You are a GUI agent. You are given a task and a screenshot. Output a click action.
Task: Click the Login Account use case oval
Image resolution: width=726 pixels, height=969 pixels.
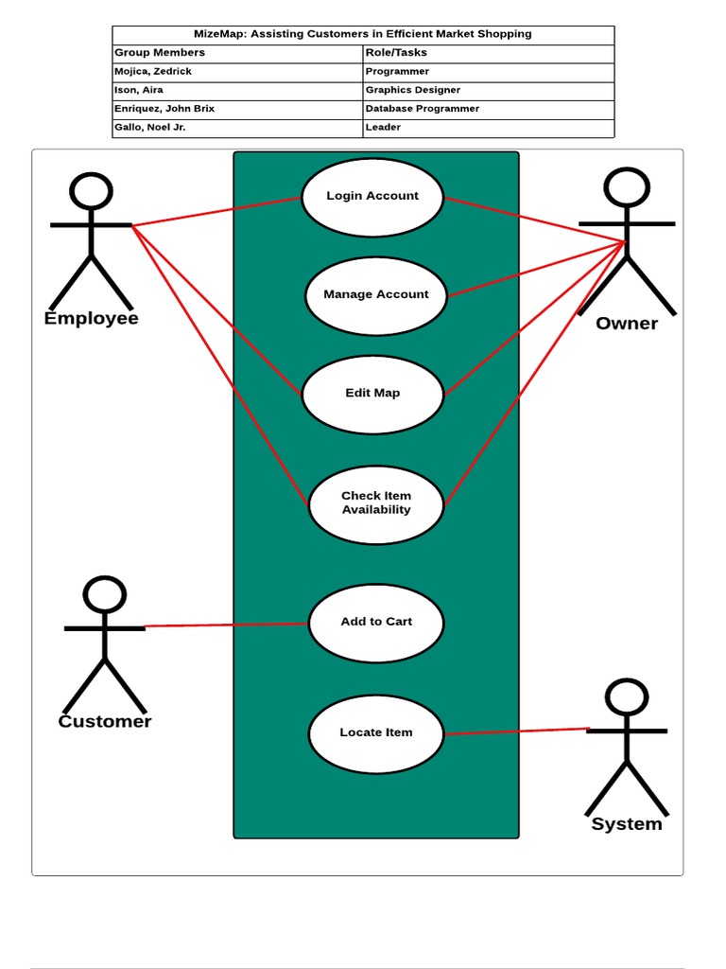click(x=372, y=197)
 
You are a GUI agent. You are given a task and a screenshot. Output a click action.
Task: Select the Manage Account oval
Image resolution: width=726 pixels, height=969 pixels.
click(x=376, y=295)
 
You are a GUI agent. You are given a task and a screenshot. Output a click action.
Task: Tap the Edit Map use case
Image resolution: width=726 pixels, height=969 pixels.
click(x=372, y=394)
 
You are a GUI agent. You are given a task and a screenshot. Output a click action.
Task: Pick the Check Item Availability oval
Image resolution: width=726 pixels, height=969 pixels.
click(x=376, y=503)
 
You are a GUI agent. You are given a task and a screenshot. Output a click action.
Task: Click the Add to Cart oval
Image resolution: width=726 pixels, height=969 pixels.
click(x=376, y=623)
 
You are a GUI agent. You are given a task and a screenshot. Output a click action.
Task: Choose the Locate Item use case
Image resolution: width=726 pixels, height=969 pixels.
click(x=376, y=733)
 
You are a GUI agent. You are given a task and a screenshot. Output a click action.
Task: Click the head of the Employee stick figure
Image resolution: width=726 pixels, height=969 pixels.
click(x=92, y=191)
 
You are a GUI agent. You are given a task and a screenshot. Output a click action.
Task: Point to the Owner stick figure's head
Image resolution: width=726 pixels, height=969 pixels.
click(x=627, y=187)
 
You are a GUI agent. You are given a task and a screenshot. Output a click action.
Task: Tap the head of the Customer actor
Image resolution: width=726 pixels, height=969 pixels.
click(x=104, y=594)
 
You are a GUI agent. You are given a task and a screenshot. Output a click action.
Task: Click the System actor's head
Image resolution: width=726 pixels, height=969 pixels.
click(x=627, y=697)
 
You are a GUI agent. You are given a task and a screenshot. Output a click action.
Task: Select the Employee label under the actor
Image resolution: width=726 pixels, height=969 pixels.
click(x=92, y=319)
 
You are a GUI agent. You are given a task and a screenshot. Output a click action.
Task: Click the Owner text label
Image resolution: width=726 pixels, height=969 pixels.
click(x=627, y=324)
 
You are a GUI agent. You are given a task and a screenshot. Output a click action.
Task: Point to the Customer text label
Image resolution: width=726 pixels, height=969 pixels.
click(x=105, y=722)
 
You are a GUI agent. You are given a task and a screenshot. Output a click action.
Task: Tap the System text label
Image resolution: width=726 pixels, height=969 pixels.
click(x=627, y=824)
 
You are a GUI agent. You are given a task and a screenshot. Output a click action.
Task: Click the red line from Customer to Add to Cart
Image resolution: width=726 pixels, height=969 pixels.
click(x=227, y=625)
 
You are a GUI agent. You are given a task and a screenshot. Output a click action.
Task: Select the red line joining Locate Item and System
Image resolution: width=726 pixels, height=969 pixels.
click(x=517, y=731)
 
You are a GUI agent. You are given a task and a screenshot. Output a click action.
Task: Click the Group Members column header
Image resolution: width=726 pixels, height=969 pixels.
click(x=160, y=53)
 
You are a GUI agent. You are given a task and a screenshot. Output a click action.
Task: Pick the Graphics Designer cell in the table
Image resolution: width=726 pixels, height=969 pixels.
click(x=413, y=90)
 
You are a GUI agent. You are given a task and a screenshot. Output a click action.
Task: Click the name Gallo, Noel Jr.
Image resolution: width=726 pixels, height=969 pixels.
click(x=150, y=127)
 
